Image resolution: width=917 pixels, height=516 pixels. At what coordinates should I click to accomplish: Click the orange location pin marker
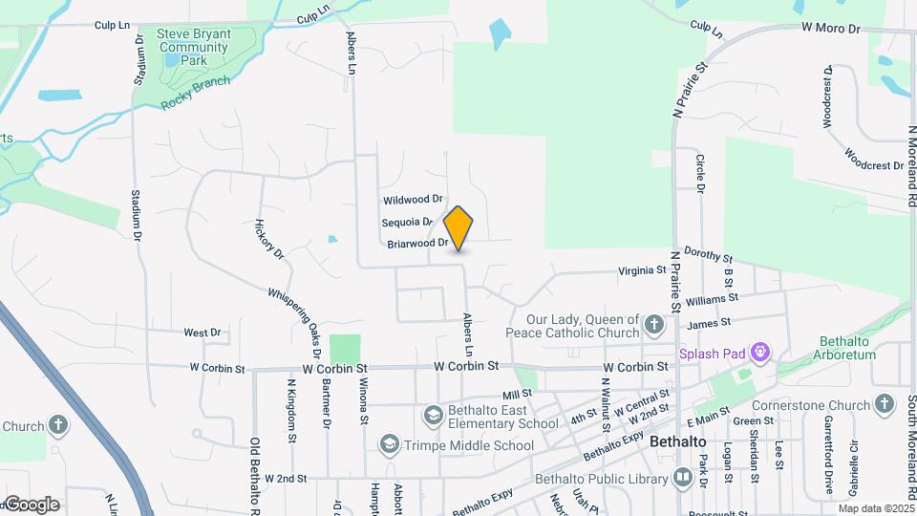pos(458,227)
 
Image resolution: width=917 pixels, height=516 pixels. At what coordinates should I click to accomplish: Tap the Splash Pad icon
pos(760,353)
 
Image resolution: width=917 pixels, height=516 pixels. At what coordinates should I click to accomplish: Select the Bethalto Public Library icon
pos(683,477)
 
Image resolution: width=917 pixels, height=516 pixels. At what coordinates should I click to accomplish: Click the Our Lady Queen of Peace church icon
pos(654,325)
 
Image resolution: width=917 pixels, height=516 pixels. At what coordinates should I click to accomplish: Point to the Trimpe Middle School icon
pos(389,444)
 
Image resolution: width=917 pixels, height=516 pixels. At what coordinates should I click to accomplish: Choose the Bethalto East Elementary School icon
pos(434,415)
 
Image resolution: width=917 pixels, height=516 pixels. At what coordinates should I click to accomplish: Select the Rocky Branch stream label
pos(196,93)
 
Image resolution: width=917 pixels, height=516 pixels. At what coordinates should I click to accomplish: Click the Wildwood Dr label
pos(413,200)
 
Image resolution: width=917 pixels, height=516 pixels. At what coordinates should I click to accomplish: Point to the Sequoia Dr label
pos(408,222)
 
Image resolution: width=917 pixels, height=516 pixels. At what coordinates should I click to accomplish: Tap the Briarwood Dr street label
pos(417,244)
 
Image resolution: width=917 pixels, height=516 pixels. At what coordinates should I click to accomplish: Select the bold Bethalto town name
pos(677,442)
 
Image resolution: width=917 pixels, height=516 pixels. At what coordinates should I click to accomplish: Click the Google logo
pos(32,504)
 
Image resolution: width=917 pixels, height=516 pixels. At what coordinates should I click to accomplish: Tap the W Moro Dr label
pos(831,29)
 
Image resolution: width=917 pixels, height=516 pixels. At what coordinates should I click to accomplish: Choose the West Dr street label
pos(203,333)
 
